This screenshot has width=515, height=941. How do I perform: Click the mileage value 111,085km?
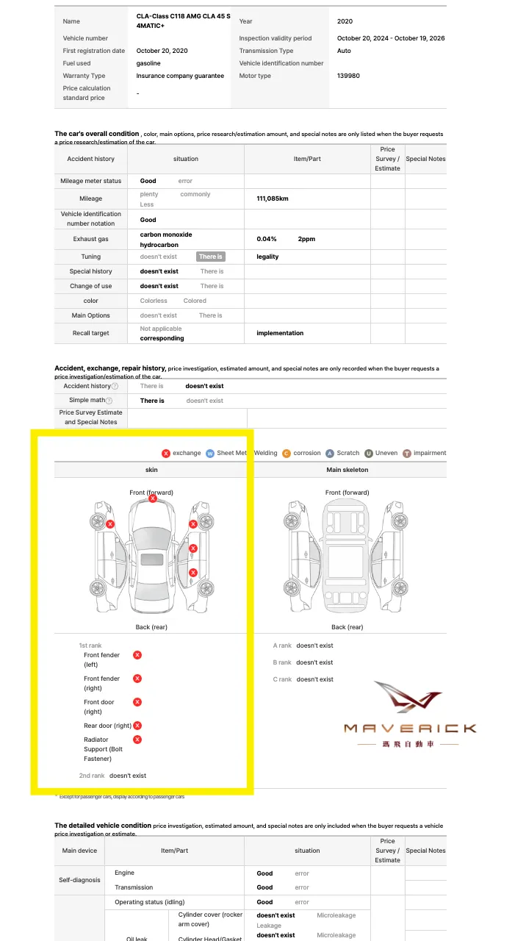(x=273, y=199)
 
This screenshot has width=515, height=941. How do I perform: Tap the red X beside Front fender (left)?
(x=137, y=655)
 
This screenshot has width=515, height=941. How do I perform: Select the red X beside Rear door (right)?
(x=137, y=726)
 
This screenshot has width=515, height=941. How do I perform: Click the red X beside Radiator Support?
(x=137, y=740)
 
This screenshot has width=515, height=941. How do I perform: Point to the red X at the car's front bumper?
(x=153, y=498)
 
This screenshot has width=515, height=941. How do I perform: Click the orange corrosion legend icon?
(x=286, y=454)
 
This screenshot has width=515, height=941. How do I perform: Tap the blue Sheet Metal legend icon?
(x=210, y=454)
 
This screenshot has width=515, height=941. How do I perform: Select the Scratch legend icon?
(x=330, y=454)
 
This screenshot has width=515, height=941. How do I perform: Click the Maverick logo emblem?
(x=408, y=698)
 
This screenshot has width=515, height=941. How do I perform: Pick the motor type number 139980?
(x=348, y=76)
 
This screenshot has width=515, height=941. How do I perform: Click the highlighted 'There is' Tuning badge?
(x=210, y=257)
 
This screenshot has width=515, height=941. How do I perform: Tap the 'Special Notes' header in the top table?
(x=425, y=159)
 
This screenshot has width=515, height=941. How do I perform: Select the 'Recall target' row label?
(x=91, y=333)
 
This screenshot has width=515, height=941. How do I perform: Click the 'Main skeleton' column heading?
(x=347, y=470)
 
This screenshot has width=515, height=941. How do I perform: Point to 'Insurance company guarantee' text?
(x=180, y=76)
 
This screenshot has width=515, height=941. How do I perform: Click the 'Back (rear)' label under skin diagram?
(x=151, y=627)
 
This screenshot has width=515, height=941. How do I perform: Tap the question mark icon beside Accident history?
(x=115, y=386)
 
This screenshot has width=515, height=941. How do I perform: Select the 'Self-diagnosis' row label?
(x=79, y=880)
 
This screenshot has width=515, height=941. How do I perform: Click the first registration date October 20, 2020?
(x=162, y=51)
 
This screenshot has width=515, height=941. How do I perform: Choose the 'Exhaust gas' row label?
(x=91, y=239)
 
